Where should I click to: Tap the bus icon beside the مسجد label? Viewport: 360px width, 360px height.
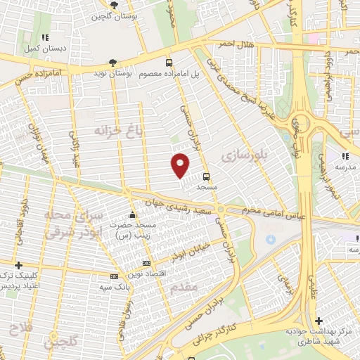[x=206, y=176]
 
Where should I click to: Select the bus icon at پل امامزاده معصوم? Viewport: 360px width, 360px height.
[x=169, y=62]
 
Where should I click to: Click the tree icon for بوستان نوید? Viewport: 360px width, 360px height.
[x=114, y=62]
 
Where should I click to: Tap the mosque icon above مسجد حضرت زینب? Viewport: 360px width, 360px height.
[x=134, y=216]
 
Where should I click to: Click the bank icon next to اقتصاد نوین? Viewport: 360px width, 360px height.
[x=115, y=276]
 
